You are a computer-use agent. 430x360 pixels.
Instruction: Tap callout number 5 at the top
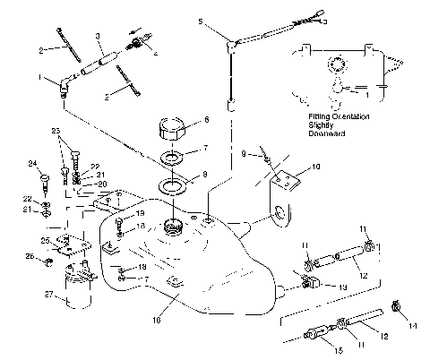pyautogui.click(x=201, y=20)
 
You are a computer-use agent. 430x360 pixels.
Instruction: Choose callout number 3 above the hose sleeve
pyautogui.click(x=98, y=37)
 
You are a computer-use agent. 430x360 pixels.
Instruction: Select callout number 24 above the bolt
pyautogui.click(x=33, y=163)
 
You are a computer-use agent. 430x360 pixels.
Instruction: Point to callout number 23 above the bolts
pyautogui.click(x=58, y=132)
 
